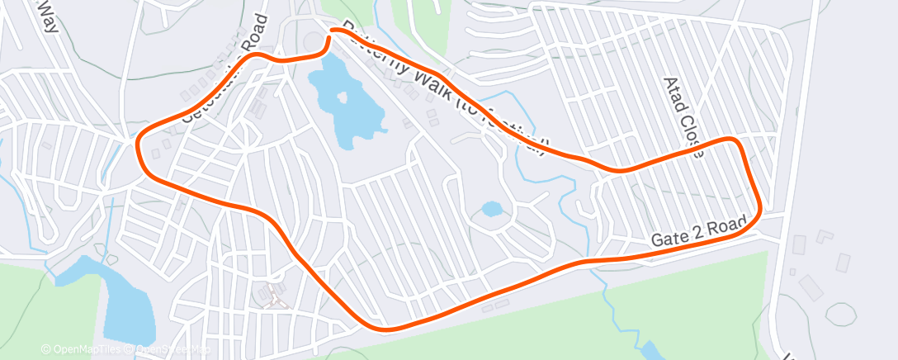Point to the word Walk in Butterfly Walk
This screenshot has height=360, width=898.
(x=430, y=86)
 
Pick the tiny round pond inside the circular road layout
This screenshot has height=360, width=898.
(x=491, y=209)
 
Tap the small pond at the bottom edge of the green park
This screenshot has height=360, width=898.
(x=652, y=350)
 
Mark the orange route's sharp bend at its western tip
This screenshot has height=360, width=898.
(x=139, y=147)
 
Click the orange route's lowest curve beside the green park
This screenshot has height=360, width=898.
(x=388, y=328)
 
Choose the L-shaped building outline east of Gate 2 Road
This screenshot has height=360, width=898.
(x=824, y=236)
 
